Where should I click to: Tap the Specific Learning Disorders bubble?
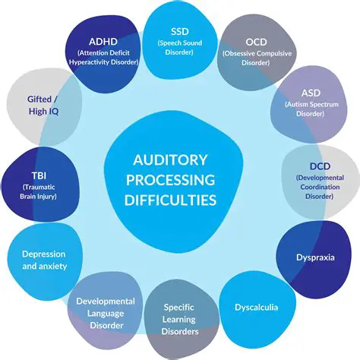point(181,320)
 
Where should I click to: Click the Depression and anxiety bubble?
point(43,259)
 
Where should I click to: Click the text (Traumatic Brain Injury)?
point(33,191)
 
